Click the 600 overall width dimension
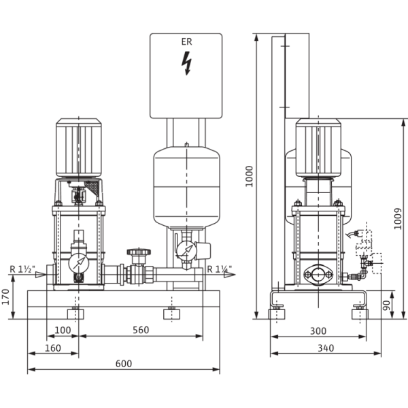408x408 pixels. pyautogui.click(x=123, y=364)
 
